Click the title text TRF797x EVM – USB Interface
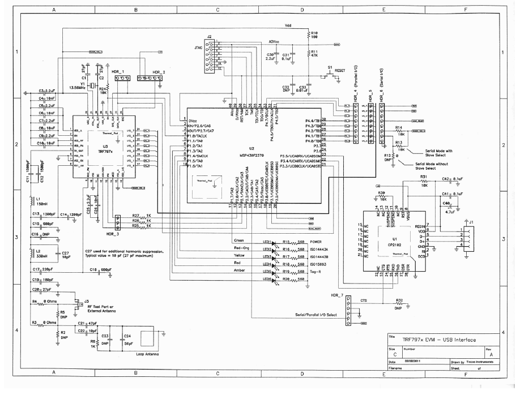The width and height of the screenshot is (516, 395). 439,340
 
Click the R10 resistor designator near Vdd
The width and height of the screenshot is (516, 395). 315,32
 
